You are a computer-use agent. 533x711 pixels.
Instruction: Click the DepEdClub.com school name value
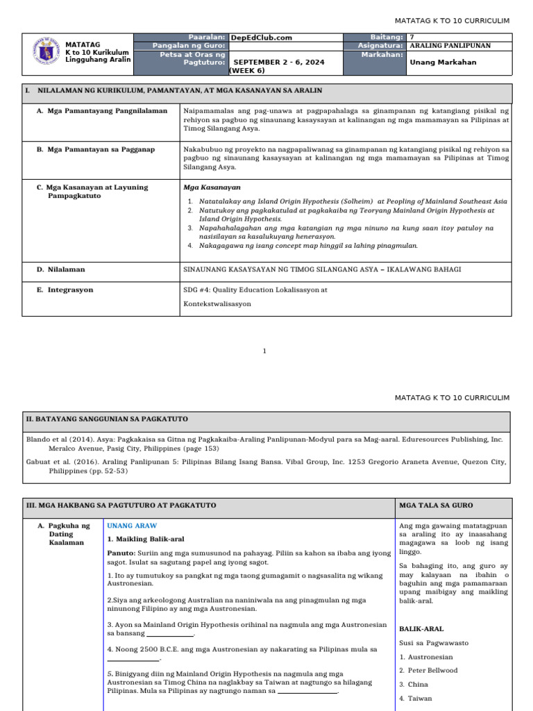(261, 38)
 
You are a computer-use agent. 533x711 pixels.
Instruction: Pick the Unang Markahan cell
(438, 62)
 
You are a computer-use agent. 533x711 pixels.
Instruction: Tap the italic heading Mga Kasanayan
(212, 187)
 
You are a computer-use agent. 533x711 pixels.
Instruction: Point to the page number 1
(264, 351)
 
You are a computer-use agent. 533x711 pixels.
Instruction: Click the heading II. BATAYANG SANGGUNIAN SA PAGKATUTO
(107, 419)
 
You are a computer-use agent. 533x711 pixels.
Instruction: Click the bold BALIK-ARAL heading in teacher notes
(421, 628)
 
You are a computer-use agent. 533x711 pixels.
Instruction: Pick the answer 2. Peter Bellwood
(428, 671)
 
